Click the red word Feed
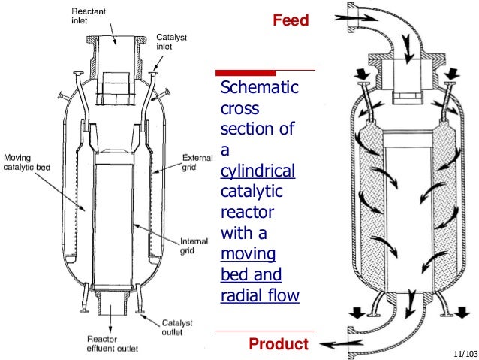(290, 20)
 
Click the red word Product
(278, 344)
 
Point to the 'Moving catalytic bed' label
(26, 162)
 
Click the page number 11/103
(464, 352)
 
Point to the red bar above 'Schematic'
(258, 73)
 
